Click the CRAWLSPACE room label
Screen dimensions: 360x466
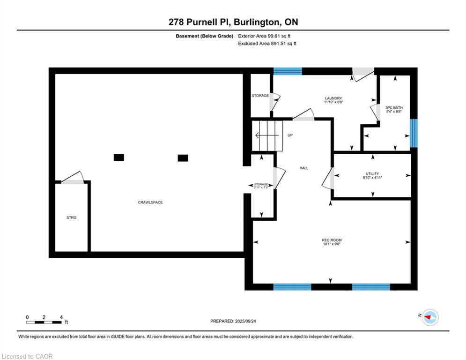(x=150, y=202)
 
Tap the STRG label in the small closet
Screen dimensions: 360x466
(x=71, y=217)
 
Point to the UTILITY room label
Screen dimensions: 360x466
(x=372, y=173)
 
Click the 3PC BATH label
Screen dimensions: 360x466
(x=394, y=108)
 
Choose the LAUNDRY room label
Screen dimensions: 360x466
(x=333, y=98)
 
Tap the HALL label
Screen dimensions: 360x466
(x=304, y=168)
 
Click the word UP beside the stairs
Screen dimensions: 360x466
(x=290, y=135)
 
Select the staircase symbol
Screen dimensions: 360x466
(x=268, y=135)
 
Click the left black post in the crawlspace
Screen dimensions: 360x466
(x=119, y=157)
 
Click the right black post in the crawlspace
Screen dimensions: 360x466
(x=183, y=158)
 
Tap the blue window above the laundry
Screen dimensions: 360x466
(x=288, y=71)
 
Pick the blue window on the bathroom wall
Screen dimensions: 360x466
(x=414, y=133)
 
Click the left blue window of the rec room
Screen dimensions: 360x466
(x=292, y=287)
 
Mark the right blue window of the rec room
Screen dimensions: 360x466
(x=371, y=287)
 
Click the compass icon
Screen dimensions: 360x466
(x=429, y=317)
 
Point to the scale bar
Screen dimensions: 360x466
(x=44, y=322)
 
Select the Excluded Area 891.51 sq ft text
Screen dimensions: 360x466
(x=267, y=44)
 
